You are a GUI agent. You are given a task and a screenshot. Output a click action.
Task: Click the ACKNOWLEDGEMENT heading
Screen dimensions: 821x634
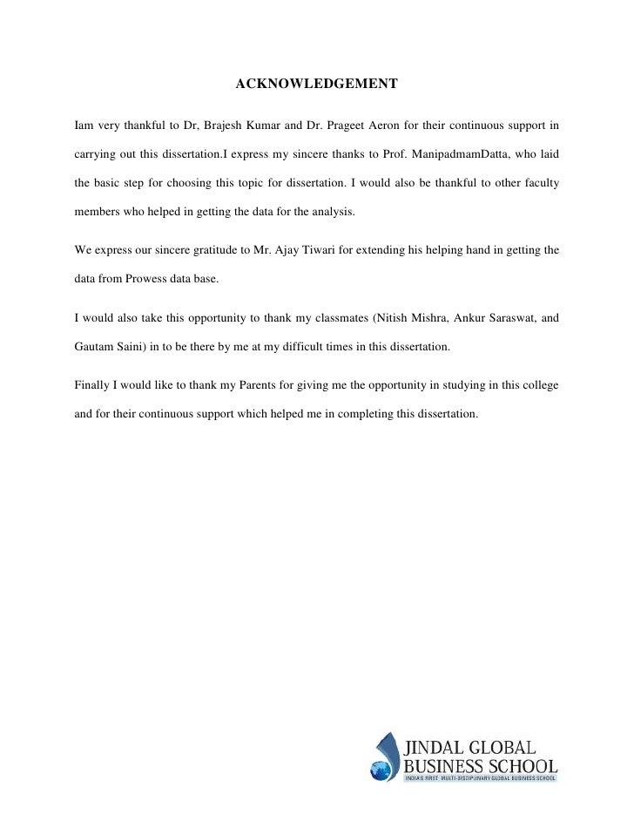[316, 85]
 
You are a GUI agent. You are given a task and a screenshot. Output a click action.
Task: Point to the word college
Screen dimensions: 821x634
[539, 384]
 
